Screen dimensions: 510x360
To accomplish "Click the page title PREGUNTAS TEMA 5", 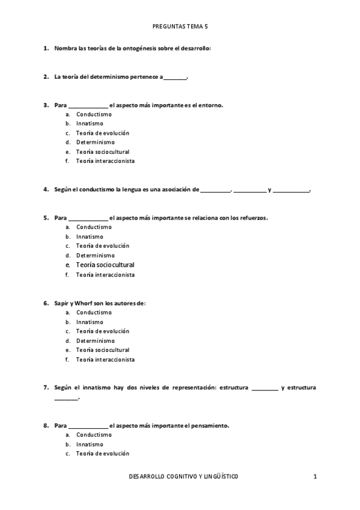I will click(180, 26).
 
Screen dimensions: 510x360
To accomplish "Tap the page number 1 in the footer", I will click(314, 477).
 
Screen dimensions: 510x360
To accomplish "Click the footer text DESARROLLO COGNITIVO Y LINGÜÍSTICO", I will click(183, 477).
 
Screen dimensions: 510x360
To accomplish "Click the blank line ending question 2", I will click(175, 78).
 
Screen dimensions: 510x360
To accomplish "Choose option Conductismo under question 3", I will click(94, 114).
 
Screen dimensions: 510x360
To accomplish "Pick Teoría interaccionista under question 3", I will click(105, 161).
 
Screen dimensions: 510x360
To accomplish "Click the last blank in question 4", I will click(291, 191).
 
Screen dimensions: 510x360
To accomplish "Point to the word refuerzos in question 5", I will click(253, 218).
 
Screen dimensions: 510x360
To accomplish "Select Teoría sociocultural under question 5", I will click(105, 265).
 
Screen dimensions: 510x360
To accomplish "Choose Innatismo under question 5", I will click(90, 236).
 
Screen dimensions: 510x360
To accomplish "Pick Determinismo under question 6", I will click(96, 340).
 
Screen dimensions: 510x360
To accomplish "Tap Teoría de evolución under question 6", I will click(103, 331).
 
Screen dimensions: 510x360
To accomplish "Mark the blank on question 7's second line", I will click(66, 398).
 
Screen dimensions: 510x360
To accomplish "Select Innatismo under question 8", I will click(90, 444).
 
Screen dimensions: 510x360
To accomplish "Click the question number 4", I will click(46, 189).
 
